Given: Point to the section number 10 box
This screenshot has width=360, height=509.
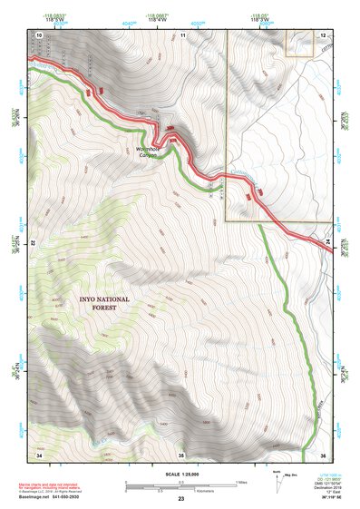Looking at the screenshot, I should click(x=39, y=34).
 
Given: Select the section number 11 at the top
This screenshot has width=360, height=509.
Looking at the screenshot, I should click(x=181, y=34).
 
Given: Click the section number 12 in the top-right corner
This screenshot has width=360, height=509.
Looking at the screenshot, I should click(x=322, y=34).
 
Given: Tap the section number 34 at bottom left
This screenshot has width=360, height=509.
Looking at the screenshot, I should click(x=39, y=453).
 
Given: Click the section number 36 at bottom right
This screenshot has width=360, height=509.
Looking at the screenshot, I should click(x=322, y=453).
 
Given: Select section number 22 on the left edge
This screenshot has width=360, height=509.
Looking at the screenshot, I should click(x=34, y=243).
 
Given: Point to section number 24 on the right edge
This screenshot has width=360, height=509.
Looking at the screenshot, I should click(x=327, y=243).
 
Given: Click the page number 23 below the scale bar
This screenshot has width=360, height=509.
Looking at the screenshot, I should click(x=180, y=498).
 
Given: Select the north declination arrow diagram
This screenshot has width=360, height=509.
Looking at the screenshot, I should click(x=277, y=482).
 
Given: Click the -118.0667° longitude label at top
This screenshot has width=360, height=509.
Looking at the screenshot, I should click(x=158, y=15).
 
